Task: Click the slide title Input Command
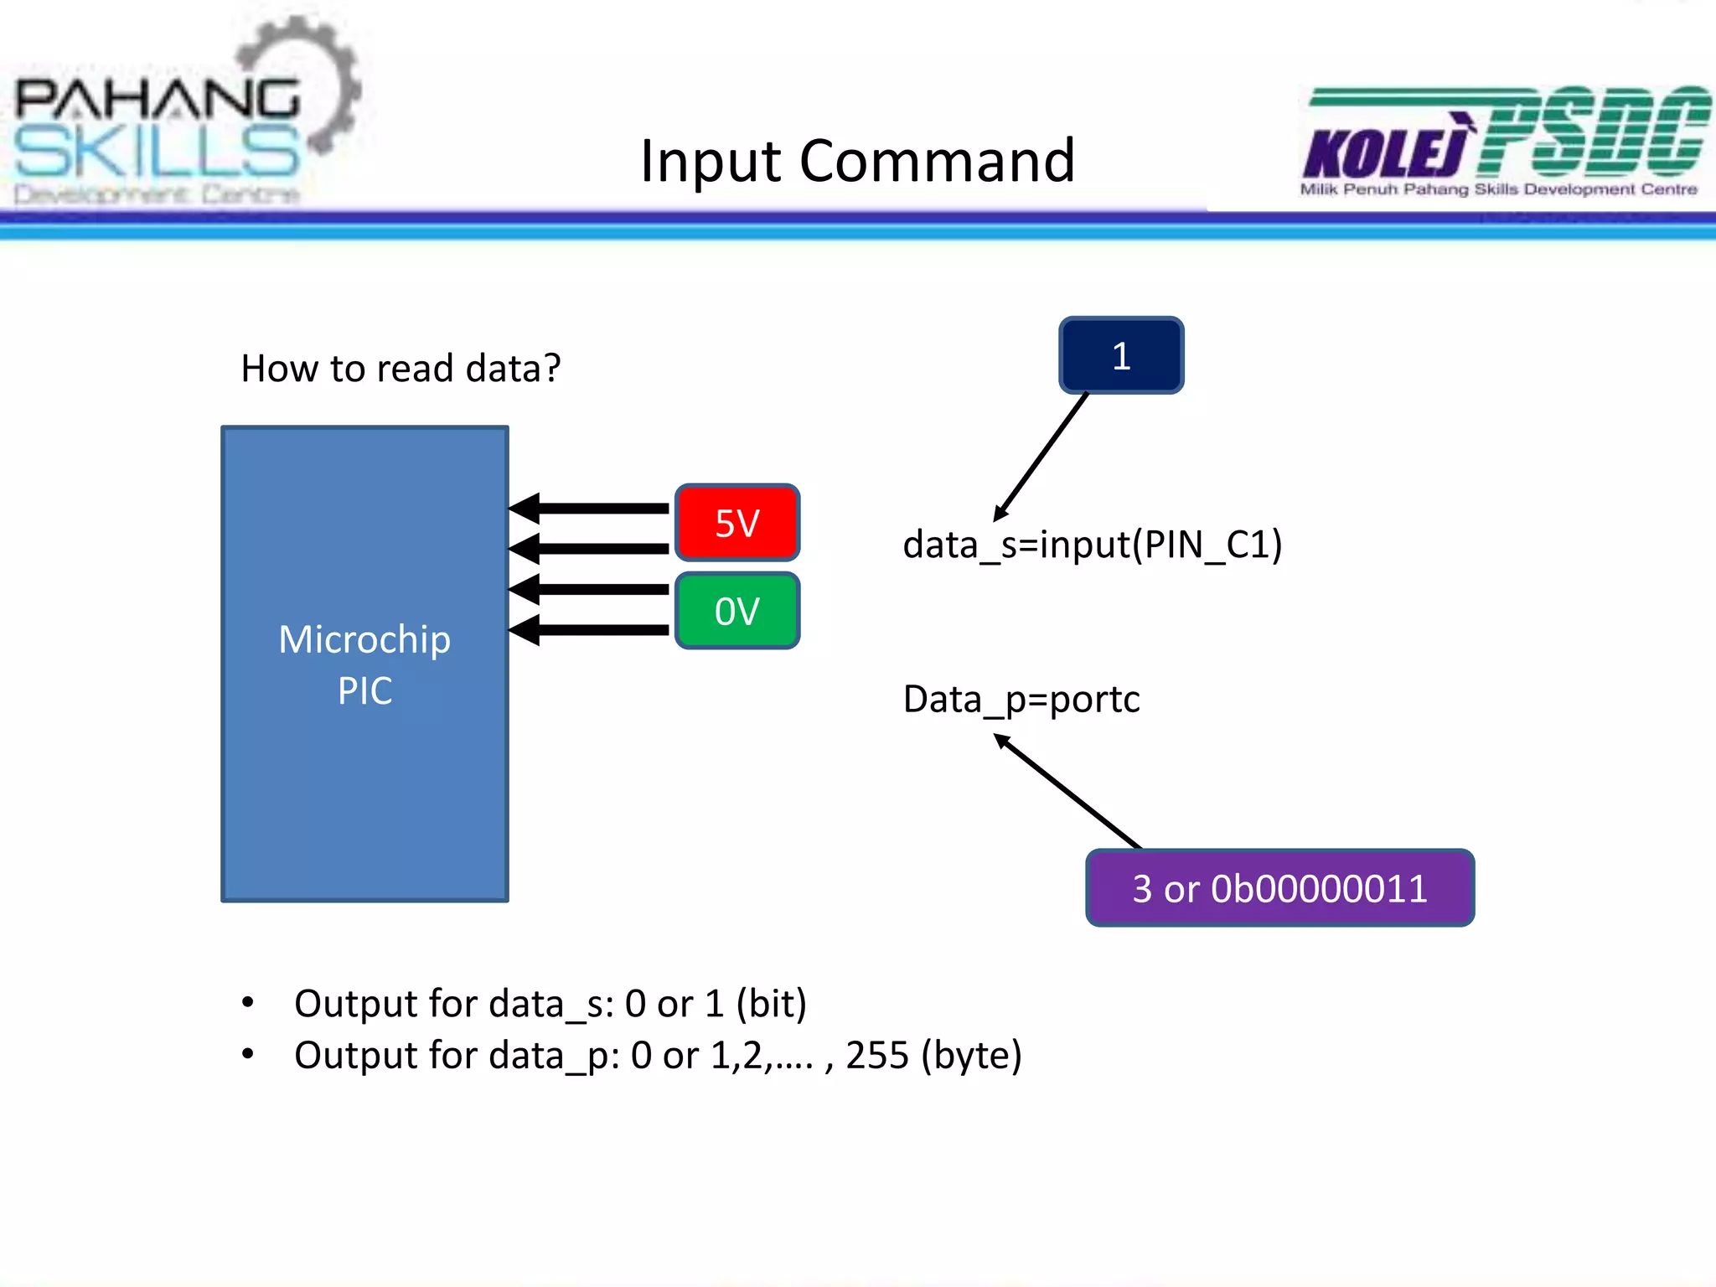tap(856, 160)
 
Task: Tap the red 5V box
tap(737, 523)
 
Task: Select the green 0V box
tap(737, 611)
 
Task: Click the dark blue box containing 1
tap(1121, 355)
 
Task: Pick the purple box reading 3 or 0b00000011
tap(1279, 888)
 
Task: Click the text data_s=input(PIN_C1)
tap(1092, 545)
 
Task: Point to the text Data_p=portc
tap(1021, 699)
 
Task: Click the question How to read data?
tap(401, 368)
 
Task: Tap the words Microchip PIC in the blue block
tap(364, 664)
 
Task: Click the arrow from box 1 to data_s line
tap(1041, 457)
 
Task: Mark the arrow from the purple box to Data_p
tap(1068, 791)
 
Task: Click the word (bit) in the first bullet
tap(771, 1003)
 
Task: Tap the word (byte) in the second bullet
tap(971, 1055)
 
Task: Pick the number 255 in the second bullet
tap(876, 1055)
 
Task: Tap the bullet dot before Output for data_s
tap(247, 1002)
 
